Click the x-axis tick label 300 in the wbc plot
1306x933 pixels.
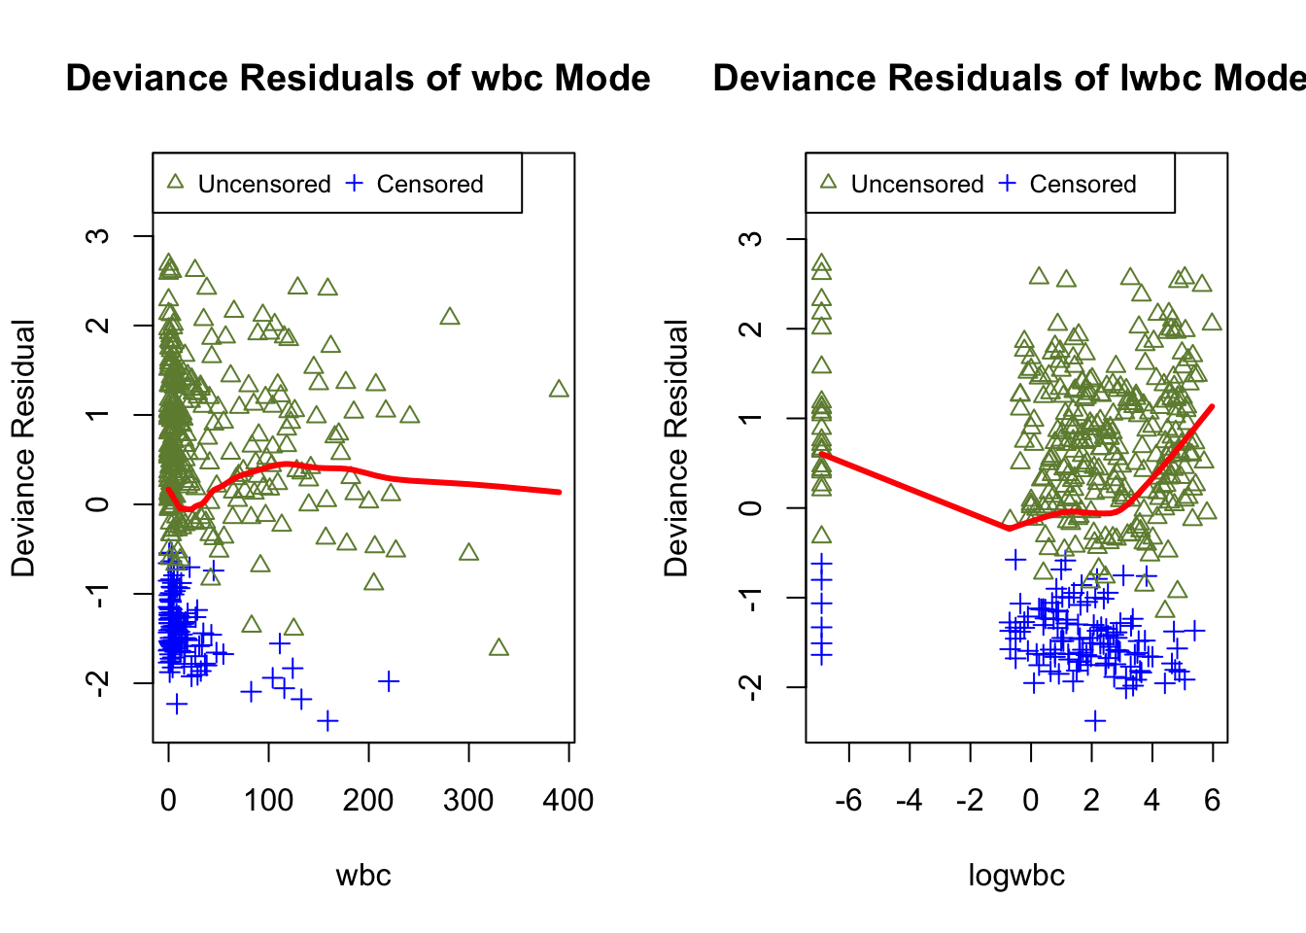click(x=468, y=801)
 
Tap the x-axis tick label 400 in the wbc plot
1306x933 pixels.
click(x=568, y=801)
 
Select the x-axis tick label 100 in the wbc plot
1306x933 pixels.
click(x=268, y=801)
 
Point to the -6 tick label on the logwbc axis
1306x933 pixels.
click(x=848, y=801)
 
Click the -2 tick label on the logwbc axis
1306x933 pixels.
click(x=969, y=801)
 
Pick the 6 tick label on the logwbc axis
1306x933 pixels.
click(x=1212, y=801)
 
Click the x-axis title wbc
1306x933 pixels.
click(x=363, y=876)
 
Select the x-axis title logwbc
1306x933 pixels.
click(x=1016, y=876)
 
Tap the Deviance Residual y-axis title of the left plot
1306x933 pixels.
click(x=23, y=448)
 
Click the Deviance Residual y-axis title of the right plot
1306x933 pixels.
click(x=676, y=448)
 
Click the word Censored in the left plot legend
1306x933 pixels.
click(x=430, y=185)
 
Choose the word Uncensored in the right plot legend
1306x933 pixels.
click(x=916, y=185)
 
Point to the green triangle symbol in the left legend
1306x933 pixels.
click(x=175, y=183)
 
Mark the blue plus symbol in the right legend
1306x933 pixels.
click(x=1008, y=184)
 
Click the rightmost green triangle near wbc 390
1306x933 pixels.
click(x=559, y=389)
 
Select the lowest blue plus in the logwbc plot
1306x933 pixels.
click(x=1095, y=721)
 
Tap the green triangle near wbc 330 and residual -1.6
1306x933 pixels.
click(x=498, y=647)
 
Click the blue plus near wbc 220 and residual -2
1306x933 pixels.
click(x=389, y=681)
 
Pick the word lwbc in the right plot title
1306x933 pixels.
click(x=1159, y=79)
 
